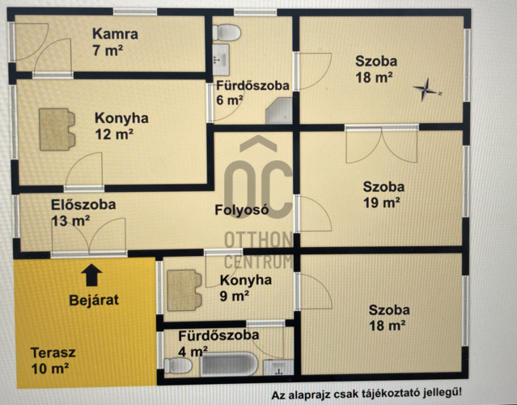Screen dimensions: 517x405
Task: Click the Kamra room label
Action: coord(115,34)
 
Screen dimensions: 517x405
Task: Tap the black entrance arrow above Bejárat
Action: coord(91,275)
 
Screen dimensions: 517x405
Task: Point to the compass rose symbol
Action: coord(426,89)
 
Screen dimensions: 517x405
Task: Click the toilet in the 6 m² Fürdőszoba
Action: coord(227,32)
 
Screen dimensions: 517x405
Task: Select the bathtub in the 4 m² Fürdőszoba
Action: coord(229,364)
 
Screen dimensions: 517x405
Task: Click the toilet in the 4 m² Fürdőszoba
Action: coord(178,366)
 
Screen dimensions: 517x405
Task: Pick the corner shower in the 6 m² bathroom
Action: coord(279,111)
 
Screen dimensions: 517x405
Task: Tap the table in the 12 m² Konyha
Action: coord(57,130)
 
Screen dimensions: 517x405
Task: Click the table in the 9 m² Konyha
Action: coord(184,291)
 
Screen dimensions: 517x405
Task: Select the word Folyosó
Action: coord(242,210)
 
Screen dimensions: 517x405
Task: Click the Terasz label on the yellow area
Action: coord(53,352)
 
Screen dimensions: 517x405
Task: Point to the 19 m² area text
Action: coord(382,202)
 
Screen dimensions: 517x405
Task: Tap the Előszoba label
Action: coord(83,205)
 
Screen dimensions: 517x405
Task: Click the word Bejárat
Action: coord(94,301)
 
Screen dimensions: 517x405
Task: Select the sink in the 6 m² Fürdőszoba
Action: coord(221,60)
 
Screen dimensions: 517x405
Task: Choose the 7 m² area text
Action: coord(108,50)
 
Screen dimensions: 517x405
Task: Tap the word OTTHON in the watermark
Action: coord(259,240)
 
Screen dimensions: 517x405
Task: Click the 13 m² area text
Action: coord(70,221)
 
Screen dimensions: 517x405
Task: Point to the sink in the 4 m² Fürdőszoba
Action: coord(278,368)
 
